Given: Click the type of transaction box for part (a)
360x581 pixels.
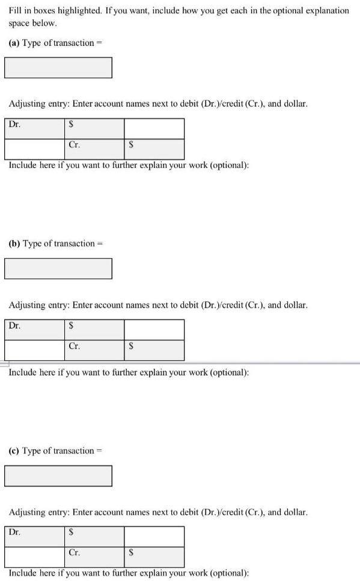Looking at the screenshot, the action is [58, 67].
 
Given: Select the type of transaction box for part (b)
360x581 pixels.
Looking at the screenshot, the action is [58, 268].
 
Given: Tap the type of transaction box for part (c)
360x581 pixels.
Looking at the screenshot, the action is [58, 475].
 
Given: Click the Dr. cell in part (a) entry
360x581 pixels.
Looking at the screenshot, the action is [35, 129].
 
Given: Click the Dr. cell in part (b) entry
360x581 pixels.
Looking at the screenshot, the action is [35, 330].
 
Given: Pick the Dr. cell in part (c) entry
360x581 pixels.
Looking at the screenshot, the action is [35, 536].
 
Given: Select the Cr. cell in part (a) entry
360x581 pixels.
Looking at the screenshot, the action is [94, 149].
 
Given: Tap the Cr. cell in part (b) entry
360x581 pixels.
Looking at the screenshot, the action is [94, 350].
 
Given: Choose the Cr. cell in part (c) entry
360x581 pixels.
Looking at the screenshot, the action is [94, 557].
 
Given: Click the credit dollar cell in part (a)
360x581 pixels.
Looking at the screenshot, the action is [154, 149].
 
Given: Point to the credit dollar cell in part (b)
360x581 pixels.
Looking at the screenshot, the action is [154, 350].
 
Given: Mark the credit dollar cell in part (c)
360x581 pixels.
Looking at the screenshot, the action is [154, 557].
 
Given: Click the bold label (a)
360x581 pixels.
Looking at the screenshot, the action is [13, 43].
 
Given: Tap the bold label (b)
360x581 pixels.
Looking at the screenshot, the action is [14, 244].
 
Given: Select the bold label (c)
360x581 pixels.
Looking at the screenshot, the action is [13, 450].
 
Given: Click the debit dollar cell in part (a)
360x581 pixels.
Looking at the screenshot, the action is [94, 129].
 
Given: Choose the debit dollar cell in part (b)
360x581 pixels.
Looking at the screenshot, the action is [94, 330].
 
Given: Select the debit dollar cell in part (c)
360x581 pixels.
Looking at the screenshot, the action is [94, 536].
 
